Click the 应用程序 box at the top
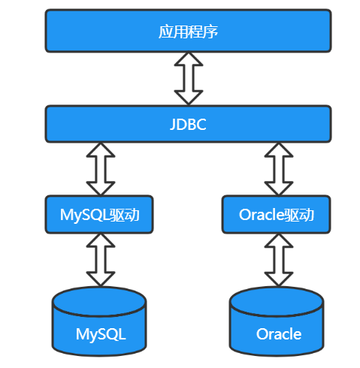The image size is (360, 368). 188,31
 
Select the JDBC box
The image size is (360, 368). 188,124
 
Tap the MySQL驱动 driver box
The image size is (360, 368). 99,215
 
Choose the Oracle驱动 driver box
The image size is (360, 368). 276,215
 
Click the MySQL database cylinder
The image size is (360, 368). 99,321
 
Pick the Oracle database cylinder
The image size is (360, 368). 277,321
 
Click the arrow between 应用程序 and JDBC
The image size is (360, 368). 189,78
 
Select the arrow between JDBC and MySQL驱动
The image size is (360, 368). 101,169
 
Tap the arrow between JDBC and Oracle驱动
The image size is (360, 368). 279,169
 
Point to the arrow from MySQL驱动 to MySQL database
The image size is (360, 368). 101,260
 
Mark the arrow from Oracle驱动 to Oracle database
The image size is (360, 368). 279,260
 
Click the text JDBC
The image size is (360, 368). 188,124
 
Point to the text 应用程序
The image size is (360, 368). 188,32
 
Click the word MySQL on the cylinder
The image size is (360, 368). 101,334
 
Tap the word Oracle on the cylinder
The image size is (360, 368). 279,334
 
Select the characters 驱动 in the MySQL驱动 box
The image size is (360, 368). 125,215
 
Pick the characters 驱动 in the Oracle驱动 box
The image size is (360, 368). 299,215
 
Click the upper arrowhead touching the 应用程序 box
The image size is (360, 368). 189,59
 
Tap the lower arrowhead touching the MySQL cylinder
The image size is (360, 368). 101,279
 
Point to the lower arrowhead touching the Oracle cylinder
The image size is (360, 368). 279,279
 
